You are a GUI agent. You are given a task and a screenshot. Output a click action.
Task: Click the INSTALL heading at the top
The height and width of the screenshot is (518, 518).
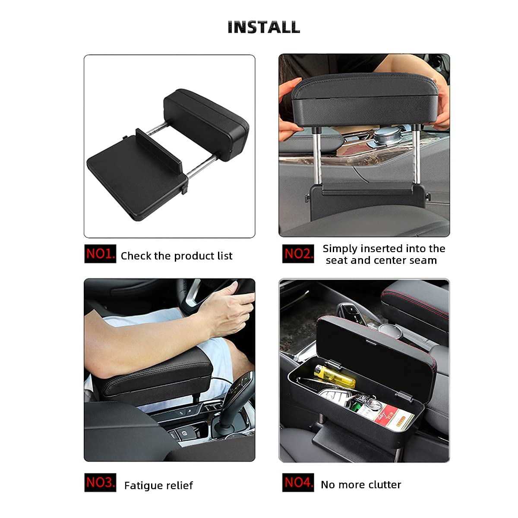tap(264, 27)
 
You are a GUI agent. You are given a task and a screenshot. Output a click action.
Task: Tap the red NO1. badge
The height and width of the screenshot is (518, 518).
tap(100, 253)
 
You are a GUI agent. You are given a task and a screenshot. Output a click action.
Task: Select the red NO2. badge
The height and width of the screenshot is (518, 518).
tap(298, 253)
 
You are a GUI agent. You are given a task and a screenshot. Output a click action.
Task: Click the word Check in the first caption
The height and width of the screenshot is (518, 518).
tap(136, 256)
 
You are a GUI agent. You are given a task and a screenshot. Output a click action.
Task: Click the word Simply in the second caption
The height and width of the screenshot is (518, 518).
tap(340, 249)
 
